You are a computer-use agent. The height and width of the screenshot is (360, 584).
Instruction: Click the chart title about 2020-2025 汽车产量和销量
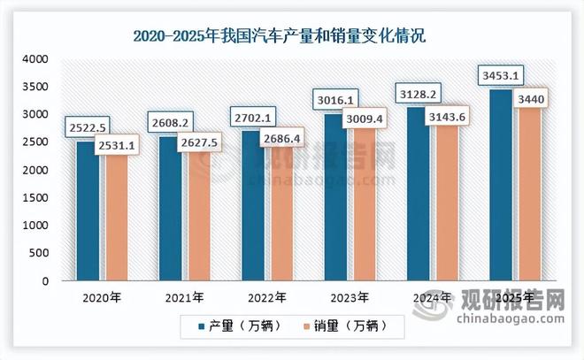(291, 36)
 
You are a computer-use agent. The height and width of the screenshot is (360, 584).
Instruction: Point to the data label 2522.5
(87, 129)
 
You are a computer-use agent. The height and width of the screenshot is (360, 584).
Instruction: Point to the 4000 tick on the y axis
(36, 59)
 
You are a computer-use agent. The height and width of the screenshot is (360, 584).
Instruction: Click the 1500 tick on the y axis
(36, 198)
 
